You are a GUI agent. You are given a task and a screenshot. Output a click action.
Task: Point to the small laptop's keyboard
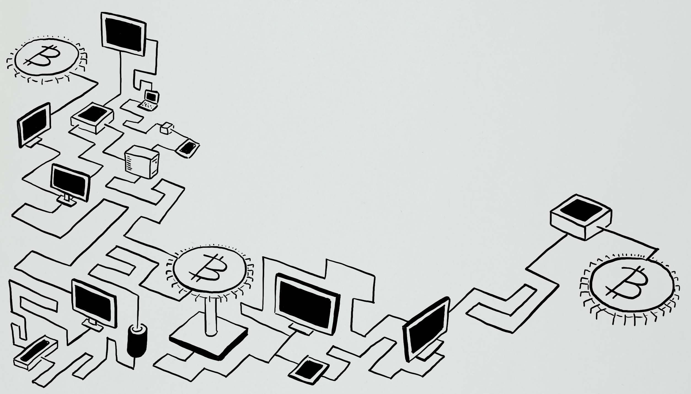point(148,106)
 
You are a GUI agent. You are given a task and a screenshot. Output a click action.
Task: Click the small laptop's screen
point(151,97)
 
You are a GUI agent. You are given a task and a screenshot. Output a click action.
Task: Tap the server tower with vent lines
point(141,162)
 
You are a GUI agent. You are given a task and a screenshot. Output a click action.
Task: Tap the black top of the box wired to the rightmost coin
point(580,214)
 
